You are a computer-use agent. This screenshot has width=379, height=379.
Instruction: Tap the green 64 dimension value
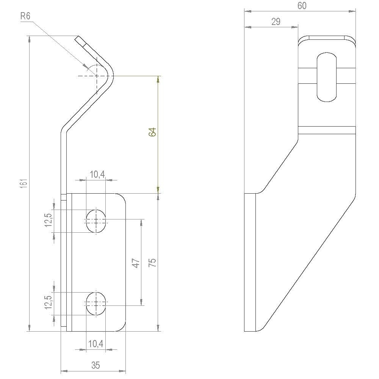click(152, 132)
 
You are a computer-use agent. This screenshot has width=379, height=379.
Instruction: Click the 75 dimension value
click(152, 263)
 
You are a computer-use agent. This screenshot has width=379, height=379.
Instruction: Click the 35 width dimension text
click(96, 365)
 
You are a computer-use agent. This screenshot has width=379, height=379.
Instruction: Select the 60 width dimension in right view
click(302, 6)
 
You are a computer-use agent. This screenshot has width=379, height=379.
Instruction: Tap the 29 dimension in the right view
click(276, 22)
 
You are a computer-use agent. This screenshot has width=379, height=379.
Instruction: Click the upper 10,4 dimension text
click(97, 174)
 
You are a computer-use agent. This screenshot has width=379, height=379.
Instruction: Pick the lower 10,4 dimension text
click(96, 344)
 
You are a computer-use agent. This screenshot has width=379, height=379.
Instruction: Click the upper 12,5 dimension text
click(48, 220)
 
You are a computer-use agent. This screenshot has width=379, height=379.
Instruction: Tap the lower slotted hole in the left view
click(96, 303)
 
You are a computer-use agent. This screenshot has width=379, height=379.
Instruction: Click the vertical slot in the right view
click(326, 77)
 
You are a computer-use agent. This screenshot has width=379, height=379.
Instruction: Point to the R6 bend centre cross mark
click(97, 76)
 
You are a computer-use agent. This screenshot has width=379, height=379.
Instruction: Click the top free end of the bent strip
click(78, 39)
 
